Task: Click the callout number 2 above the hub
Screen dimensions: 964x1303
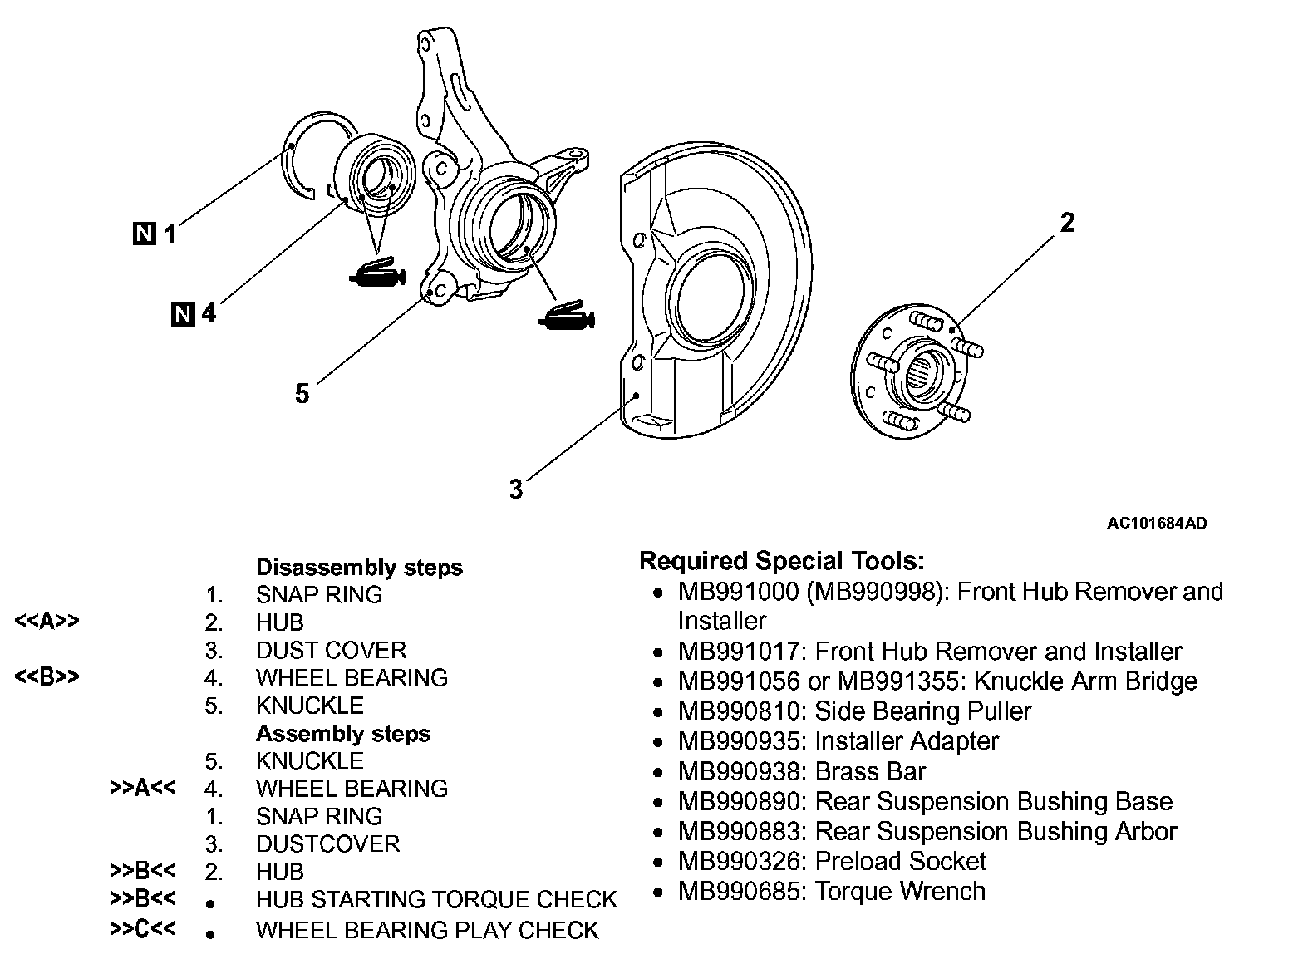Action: point(1067,223)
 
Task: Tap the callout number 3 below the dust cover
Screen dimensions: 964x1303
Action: point(516,489)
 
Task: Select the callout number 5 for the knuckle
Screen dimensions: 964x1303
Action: point(302,393)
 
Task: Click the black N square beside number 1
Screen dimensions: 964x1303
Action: point(144,234)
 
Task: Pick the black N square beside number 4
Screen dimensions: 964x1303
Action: point(183,314)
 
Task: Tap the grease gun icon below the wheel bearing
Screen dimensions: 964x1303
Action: point(376,274)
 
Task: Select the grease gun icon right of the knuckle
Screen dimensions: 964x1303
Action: point(565,316)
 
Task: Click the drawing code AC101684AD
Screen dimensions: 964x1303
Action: point(1157,524)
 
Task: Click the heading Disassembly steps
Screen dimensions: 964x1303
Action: point(359,568)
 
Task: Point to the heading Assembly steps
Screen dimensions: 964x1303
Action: point(343,734)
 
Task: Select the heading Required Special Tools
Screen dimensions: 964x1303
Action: point(781,561)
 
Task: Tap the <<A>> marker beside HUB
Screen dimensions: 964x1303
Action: point(47,622)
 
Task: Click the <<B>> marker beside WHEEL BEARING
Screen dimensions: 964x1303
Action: point(47,677)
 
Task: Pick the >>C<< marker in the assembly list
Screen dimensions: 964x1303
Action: point(142,929)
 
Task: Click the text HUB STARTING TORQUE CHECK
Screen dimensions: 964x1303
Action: point(436,899)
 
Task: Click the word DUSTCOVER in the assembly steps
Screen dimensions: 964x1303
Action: point(327,843)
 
